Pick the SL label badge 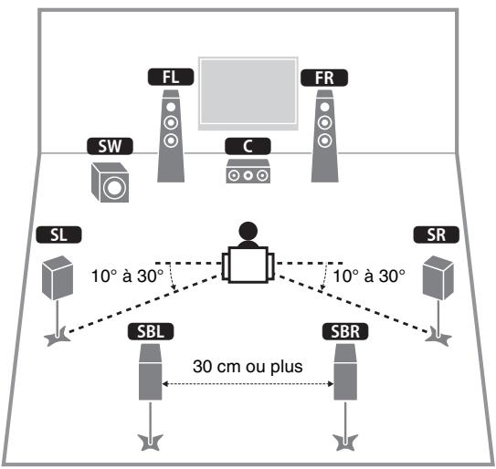coord(59,235)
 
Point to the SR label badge coord(436,235)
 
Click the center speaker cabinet coord(247,172)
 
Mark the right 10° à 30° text coord(367,275)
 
